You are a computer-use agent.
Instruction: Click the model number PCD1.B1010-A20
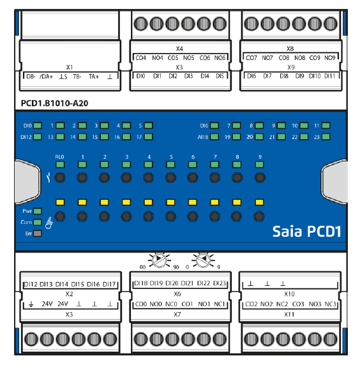click(x=55, y=103)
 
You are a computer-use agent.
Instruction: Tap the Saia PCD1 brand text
click(x=306, y=232)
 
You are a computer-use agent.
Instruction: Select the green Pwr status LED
click(x=38, y=211)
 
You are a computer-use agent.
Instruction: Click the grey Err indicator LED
click(x=38, y=234)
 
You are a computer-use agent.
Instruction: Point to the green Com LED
click(x=38, y=222)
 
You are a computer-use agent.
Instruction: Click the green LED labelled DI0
click(x=38, y=126)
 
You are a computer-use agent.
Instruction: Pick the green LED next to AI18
click(x=214, y=137)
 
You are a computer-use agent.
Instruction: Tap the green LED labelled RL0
click(x=60, y=165)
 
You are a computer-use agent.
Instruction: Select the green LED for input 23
click(x=326, y=137)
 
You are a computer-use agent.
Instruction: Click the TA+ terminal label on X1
click(x=94, y=77)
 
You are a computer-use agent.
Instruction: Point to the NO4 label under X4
click(x=158, y=58)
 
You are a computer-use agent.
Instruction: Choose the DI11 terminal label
click(x=330, y=76)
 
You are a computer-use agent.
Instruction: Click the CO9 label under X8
click(x=315, y=58)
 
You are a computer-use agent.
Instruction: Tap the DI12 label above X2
click(x=31, y=284)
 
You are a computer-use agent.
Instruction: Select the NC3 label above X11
click(x=330, y=304)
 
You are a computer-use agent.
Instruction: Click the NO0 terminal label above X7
click(x=156, y=304)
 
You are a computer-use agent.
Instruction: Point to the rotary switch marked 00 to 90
click(x=159, y=260)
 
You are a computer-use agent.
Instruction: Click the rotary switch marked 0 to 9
click(x=203, y=260)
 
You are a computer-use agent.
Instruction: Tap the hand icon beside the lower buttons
click(x=49, y=223)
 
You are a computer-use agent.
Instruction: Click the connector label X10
click(x=289, y=294)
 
